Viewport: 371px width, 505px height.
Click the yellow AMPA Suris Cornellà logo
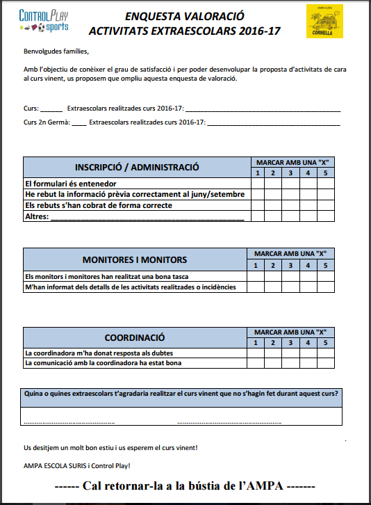(325, 20)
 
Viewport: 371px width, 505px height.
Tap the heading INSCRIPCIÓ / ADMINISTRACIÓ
(137, 167)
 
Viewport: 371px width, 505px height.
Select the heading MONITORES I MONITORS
(135, 259)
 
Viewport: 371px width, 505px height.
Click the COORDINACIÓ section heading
(135, 337)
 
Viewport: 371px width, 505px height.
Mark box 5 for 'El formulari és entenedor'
(324, 184)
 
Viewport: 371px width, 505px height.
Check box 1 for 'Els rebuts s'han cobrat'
(258, 206)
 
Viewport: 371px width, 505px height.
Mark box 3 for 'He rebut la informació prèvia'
(291, 195)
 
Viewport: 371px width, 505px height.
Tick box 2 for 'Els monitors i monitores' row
(273, 276)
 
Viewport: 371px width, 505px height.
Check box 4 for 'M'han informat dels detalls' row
(307, 287)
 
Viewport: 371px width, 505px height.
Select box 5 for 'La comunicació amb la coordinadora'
(324, 362)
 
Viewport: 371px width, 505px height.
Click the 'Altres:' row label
(37, 217)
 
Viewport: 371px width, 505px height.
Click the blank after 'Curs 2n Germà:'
(79, 122)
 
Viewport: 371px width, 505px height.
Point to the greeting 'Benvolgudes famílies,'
(56, 52)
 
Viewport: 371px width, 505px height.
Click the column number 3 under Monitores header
(290, 265)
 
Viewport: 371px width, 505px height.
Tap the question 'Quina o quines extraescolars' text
(181, 394)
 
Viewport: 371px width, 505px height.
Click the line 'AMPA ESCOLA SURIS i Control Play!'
(76, 465)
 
